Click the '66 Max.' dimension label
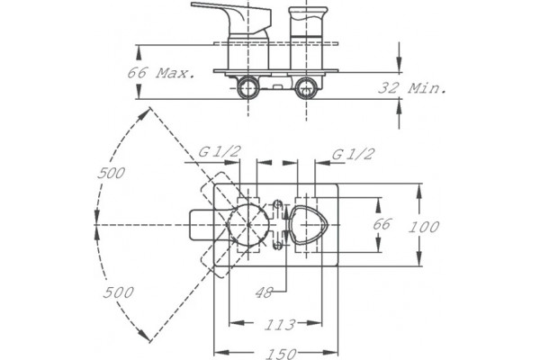(161, 73)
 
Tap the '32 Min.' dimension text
(412, 88)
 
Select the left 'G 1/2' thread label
(219, 151)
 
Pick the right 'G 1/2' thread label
(353, 154)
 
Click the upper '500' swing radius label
(111, 173)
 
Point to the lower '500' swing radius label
(118, 292)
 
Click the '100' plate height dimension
(424, 227)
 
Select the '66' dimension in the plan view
(382, 224)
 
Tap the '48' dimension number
(264, 292)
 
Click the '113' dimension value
(280, 325)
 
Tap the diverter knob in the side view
(308, 22)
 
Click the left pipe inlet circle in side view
(248, 87)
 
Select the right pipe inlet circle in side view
(306, 87)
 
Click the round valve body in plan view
(248, 224)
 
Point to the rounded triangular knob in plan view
(308, 225)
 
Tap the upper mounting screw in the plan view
(276, 204)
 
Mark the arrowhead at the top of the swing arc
(145, 113)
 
